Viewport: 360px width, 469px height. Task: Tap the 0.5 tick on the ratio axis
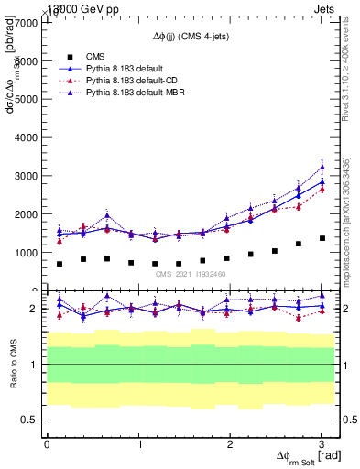(x=30, y=420)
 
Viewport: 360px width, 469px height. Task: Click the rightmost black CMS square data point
(x=322, y=238)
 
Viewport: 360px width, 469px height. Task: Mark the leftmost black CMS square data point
(x=60, y=264)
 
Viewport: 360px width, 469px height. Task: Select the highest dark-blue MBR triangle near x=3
(x=322, y=167)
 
